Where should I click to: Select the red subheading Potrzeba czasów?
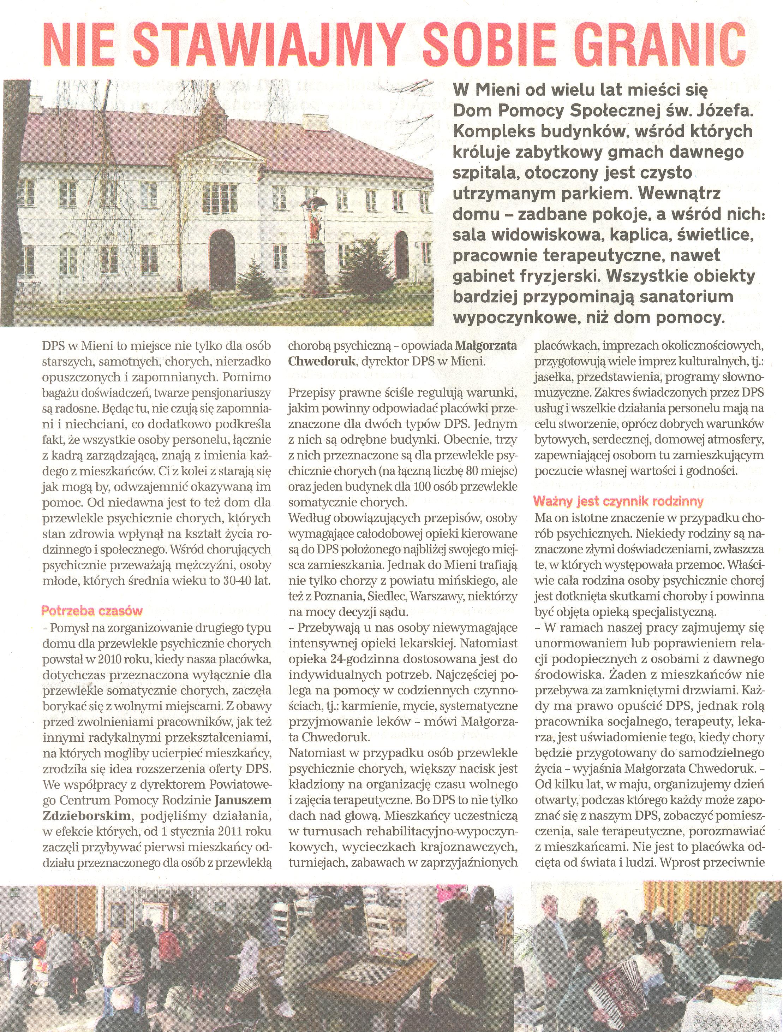pyautogui.click(x=92, y=611)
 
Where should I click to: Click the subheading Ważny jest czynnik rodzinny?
pyautogui.click(x=619, y=502)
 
